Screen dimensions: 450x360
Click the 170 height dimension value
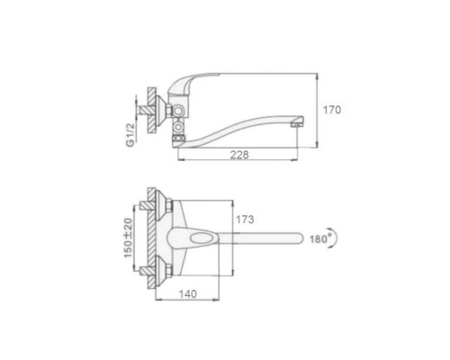(332, 110)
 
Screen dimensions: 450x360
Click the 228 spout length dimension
(239, 155)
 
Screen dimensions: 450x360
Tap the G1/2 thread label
(130, 135)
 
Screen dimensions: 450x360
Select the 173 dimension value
(245, 220)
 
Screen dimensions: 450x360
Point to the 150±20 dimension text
(128, 238)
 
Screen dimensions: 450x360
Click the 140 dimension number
(188, 294)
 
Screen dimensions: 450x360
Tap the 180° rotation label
(319, 239)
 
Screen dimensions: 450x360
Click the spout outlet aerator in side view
(297, 123)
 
